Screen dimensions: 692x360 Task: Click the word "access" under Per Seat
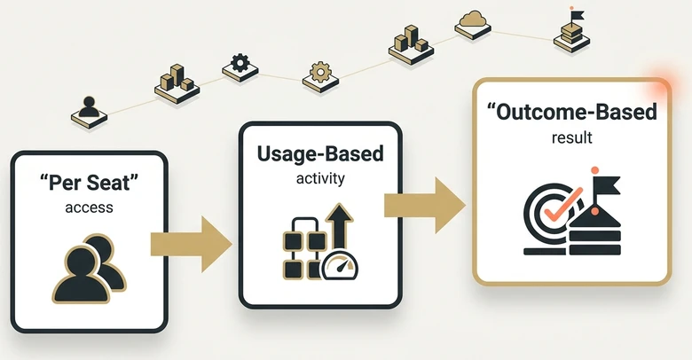coord(89,207)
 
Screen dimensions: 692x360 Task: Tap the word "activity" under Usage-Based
coord(320,179)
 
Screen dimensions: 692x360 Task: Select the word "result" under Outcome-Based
coord(571,137)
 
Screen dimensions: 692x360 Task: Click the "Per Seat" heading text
coord(89,183)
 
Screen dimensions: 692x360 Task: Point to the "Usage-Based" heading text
coord(320,153)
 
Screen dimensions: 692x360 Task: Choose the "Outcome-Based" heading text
coord(572,112)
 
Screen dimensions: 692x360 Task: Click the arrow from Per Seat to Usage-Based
coord(191,244)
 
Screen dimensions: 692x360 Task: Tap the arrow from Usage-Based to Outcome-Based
coord(425,205)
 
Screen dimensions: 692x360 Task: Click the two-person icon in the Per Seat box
coord(90,269)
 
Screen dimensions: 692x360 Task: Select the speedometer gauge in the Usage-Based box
coord(340,266)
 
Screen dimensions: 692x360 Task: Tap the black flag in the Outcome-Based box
coord(605,185)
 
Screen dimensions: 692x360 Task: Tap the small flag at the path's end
coord(577,15)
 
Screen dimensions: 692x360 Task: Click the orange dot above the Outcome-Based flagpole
coord(594,170)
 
